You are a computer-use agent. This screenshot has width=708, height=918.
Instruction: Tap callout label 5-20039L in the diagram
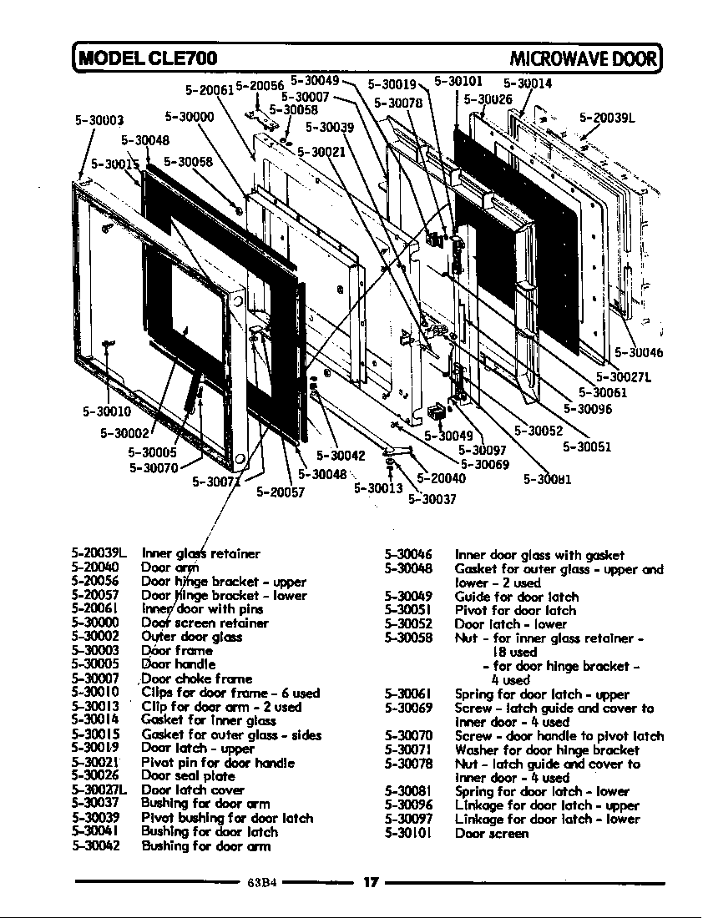point(607,119)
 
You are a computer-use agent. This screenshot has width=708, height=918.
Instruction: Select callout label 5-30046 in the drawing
point(639,353)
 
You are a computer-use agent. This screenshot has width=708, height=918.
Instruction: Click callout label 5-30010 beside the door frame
point(107,411)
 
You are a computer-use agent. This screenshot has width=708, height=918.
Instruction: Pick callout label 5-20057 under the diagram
point(281,492)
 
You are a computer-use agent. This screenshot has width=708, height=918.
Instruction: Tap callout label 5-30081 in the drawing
point(547,479)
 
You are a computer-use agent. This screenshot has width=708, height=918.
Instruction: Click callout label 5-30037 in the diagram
point(432,499)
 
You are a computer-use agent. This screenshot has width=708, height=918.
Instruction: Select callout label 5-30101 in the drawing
point(458,82)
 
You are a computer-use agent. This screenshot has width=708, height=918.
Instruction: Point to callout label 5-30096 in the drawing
point(588,409)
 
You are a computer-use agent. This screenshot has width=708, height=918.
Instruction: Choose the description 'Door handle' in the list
point(180,664)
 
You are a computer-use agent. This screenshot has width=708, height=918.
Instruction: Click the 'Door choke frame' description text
point(197,678)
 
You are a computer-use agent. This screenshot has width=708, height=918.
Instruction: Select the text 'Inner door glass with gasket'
point(539,555)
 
